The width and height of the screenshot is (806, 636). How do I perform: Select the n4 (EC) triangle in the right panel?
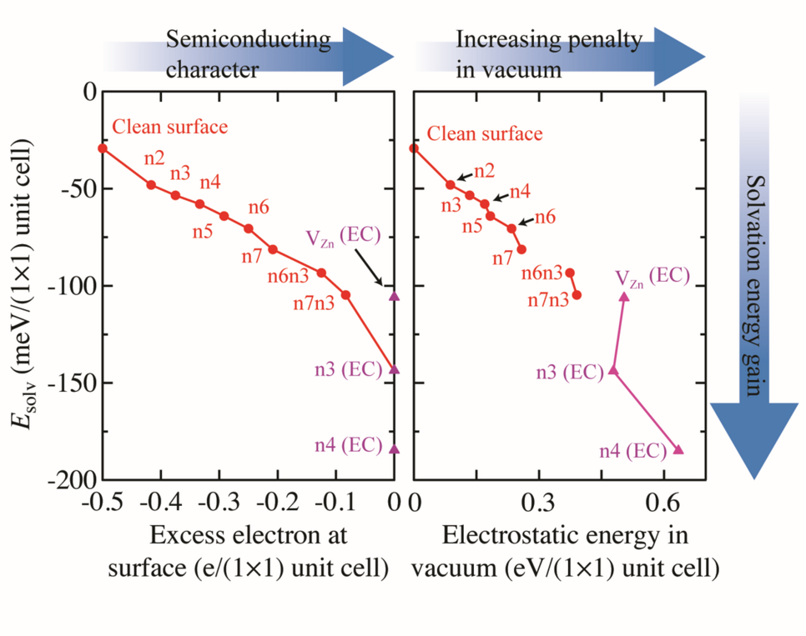click(x=678, y=449)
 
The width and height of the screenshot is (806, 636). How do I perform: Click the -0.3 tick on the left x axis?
click(x=220, y=503)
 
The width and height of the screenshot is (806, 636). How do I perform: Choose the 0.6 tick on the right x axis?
click(x=663, y=503)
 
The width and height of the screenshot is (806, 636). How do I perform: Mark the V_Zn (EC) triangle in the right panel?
click(x=624, y=296)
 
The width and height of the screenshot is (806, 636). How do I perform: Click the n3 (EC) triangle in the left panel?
click(x=395, y=369)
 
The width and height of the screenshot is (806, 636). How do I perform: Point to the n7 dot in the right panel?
click(x=521, y=248)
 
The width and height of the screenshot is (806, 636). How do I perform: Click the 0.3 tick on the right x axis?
click(x=538, y=503)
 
